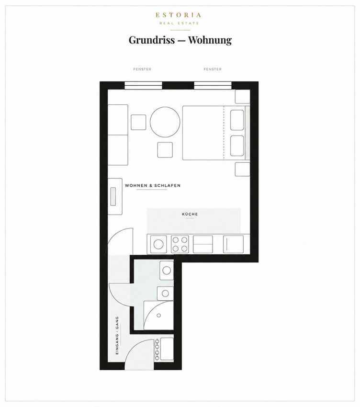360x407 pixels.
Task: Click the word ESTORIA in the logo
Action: click(x=178, y=15)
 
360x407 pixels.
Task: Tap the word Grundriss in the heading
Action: click(x=152, y=40)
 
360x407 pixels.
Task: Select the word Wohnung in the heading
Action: click(x=210, y=40)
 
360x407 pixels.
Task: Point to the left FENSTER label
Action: click(x=142, y=69)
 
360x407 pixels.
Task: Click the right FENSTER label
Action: click(x=213, y=69)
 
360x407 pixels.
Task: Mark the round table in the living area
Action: click(x=165, y=122)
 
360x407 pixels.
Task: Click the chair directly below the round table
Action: click(x=165, y=150)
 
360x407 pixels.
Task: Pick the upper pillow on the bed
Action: click(x=237, y=120)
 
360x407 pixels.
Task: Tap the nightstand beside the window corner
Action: click(x=242, y=97)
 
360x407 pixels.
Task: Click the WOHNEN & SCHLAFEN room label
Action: click(x=153, y=186)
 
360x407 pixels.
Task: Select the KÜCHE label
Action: click(x=190, y=214)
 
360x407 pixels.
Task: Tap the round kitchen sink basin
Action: click(x=158, y=244)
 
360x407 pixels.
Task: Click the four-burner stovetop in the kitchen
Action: click(x=180, y=244)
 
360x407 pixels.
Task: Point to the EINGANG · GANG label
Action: click(x=117, y=335)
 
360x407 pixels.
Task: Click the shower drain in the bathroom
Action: click(x=158, y=316)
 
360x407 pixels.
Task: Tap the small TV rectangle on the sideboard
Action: click(x=113, y=196)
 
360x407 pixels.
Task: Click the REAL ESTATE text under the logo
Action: click(x=179, y=23)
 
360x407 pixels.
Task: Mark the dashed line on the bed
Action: click(x=224, y=133)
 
